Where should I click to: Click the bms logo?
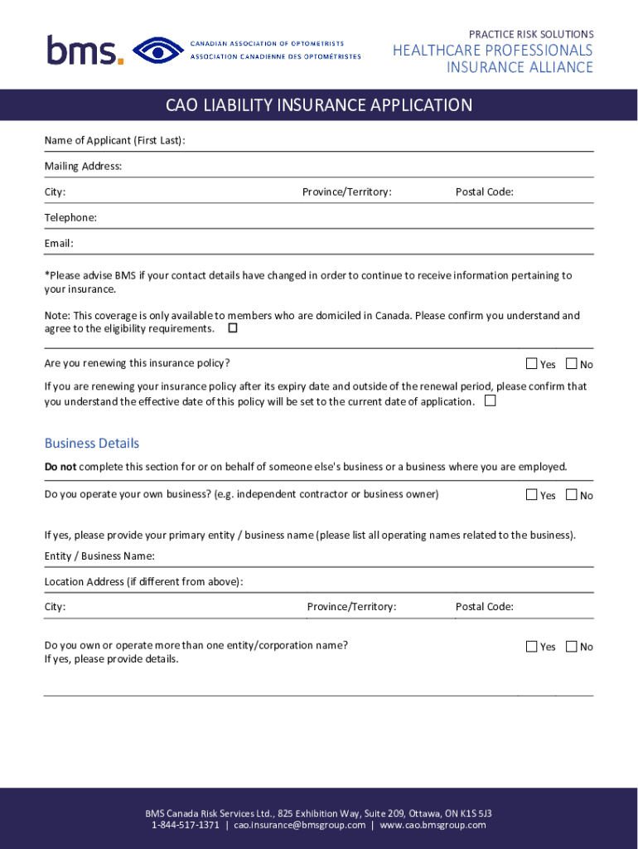coord(85,51)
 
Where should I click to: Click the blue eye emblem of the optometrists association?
coord(158,51)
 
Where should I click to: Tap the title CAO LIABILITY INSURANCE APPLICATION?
coord(319,105)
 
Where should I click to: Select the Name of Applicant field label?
coord(114,141)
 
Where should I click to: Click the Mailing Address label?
coord(83,167)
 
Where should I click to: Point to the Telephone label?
coord(70,218)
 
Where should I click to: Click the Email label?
coord(59,244)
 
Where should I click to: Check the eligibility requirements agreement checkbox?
coord(233,328)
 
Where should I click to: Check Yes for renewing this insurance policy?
coord(532,364)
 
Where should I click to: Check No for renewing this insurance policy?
coord(571,364)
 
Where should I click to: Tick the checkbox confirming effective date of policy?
coord(491,401)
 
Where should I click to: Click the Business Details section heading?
coord(91,444)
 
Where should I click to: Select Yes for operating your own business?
coord(532,495)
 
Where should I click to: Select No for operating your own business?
coord(571,495)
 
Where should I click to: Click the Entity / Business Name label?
coord(99,556)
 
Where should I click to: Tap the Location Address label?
coord(143,582)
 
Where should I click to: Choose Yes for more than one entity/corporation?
coord(532,647)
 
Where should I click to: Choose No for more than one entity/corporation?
coord(571,647)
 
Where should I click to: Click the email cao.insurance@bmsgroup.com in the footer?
coord(299,826)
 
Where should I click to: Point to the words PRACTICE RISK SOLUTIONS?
coord(531,35)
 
